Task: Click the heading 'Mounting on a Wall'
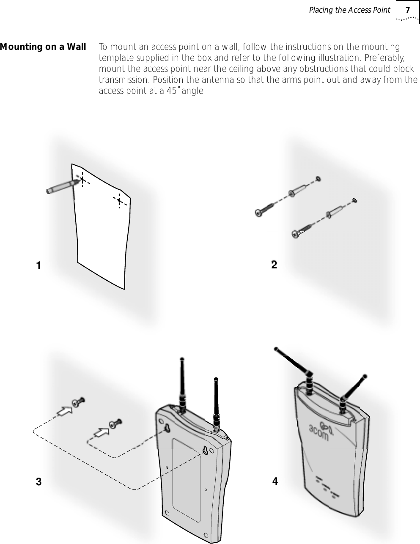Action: [x=43, y=46]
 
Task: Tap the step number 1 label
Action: [x=38, y=266]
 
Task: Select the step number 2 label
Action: [x=274, y=265]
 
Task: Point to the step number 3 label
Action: [x=38, y=481]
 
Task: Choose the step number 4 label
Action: [x=275, y=481]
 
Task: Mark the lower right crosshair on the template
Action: [x=120, y=200]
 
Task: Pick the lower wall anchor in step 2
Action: [x=338, y=211]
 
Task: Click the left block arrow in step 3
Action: [x=64, y=409]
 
